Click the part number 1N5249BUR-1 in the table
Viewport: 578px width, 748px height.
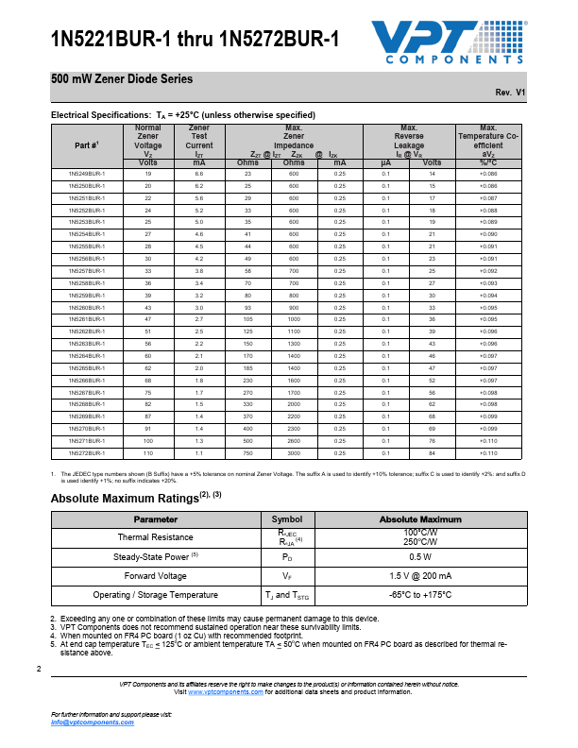pyautogui.click(x=87, y=175)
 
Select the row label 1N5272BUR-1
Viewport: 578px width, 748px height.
pyautogui.click(x=87, y=453)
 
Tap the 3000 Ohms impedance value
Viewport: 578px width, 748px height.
pyautogui.click(x=294, y=453)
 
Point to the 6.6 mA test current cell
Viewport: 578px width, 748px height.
pyautogui.click(x=198, y=175)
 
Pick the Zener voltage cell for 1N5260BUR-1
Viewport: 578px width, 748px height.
pyautogui.click(x=148, y=308)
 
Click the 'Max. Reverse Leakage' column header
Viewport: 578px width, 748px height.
pyautogui.click(x=409, y=140)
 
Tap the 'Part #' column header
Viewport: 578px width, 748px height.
pyautogui.click(x=87, y=144)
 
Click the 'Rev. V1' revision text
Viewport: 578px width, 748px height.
pyautogui.click(x=510, y=93)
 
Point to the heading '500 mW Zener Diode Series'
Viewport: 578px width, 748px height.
pyautogui.click(x=122, y=79)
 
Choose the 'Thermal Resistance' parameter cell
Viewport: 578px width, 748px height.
pyautogui.click(x=155, y=537)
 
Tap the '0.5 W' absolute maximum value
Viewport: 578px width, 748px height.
pyautogui.click(x=420, y=557)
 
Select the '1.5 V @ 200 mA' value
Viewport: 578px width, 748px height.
pyautogui.click(x=420, y=575)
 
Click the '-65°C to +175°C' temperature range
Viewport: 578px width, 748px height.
pyautogui.click(x=420, y=595)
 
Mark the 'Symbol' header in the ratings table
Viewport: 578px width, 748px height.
pyautogui.click(x=287, y=519)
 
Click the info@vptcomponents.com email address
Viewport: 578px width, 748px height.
pyautogui.click(x=93, y=722)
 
